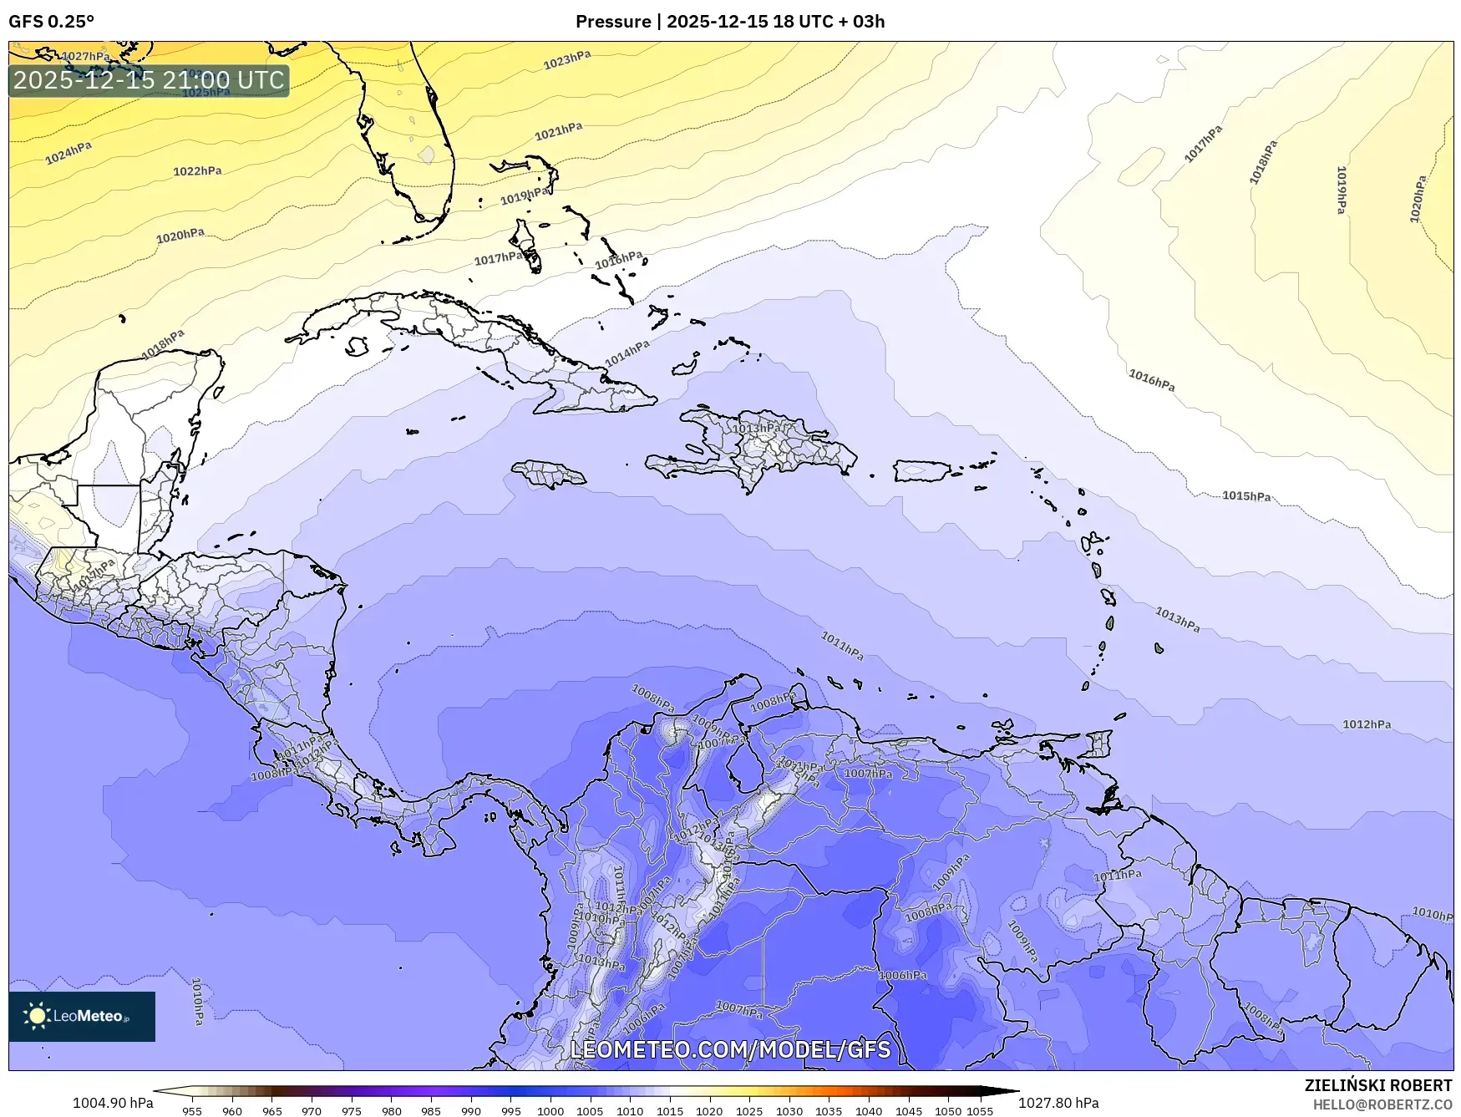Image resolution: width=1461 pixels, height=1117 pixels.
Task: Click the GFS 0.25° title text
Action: [x=51, y=22]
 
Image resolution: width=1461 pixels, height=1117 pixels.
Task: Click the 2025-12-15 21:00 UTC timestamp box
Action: [x=149, y=80]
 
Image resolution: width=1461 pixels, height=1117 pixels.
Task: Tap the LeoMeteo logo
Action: [x=81, y=1016]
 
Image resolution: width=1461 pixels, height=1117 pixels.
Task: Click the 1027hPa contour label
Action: [x=85, y=57]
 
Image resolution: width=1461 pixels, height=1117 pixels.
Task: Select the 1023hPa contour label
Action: [x=566, y=60]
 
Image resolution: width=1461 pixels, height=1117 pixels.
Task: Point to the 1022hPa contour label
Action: [x=197, y=171]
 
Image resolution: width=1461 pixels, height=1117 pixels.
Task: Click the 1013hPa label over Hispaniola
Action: [x=757, y=429]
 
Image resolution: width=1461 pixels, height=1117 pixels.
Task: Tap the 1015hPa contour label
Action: [x=1246, y=496]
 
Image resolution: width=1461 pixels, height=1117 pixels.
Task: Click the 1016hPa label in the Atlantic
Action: [x=1151, y=380]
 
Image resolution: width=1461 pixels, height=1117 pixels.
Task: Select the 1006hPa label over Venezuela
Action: [x=902, y=975]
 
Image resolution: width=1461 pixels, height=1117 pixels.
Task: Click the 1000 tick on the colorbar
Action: [x=550, y=1110]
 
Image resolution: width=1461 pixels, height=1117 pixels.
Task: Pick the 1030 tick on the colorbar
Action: [x=789, y=1110]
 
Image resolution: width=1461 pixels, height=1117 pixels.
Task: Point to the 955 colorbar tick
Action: [x=192, y=1110]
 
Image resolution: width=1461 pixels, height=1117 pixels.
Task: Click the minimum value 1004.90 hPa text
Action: [x=113, y=1103]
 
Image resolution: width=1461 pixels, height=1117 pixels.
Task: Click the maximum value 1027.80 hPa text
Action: [x=1058, y=1103]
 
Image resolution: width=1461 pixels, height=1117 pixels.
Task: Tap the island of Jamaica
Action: [x=549, y=475]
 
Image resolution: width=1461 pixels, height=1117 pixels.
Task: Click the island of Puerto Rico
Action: [x=921, y=471]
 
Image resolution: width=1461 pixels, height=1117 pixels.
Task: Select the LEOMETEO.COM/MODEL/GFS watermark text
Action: [x=730, y=1049]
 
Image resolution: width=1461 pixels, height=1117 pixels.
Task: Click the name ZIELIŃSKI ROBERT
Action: [x=1377, y=1085]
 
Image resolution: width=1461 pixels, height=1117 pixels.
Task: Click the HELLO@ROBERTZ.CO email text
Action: [x=1382, y=1104]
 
